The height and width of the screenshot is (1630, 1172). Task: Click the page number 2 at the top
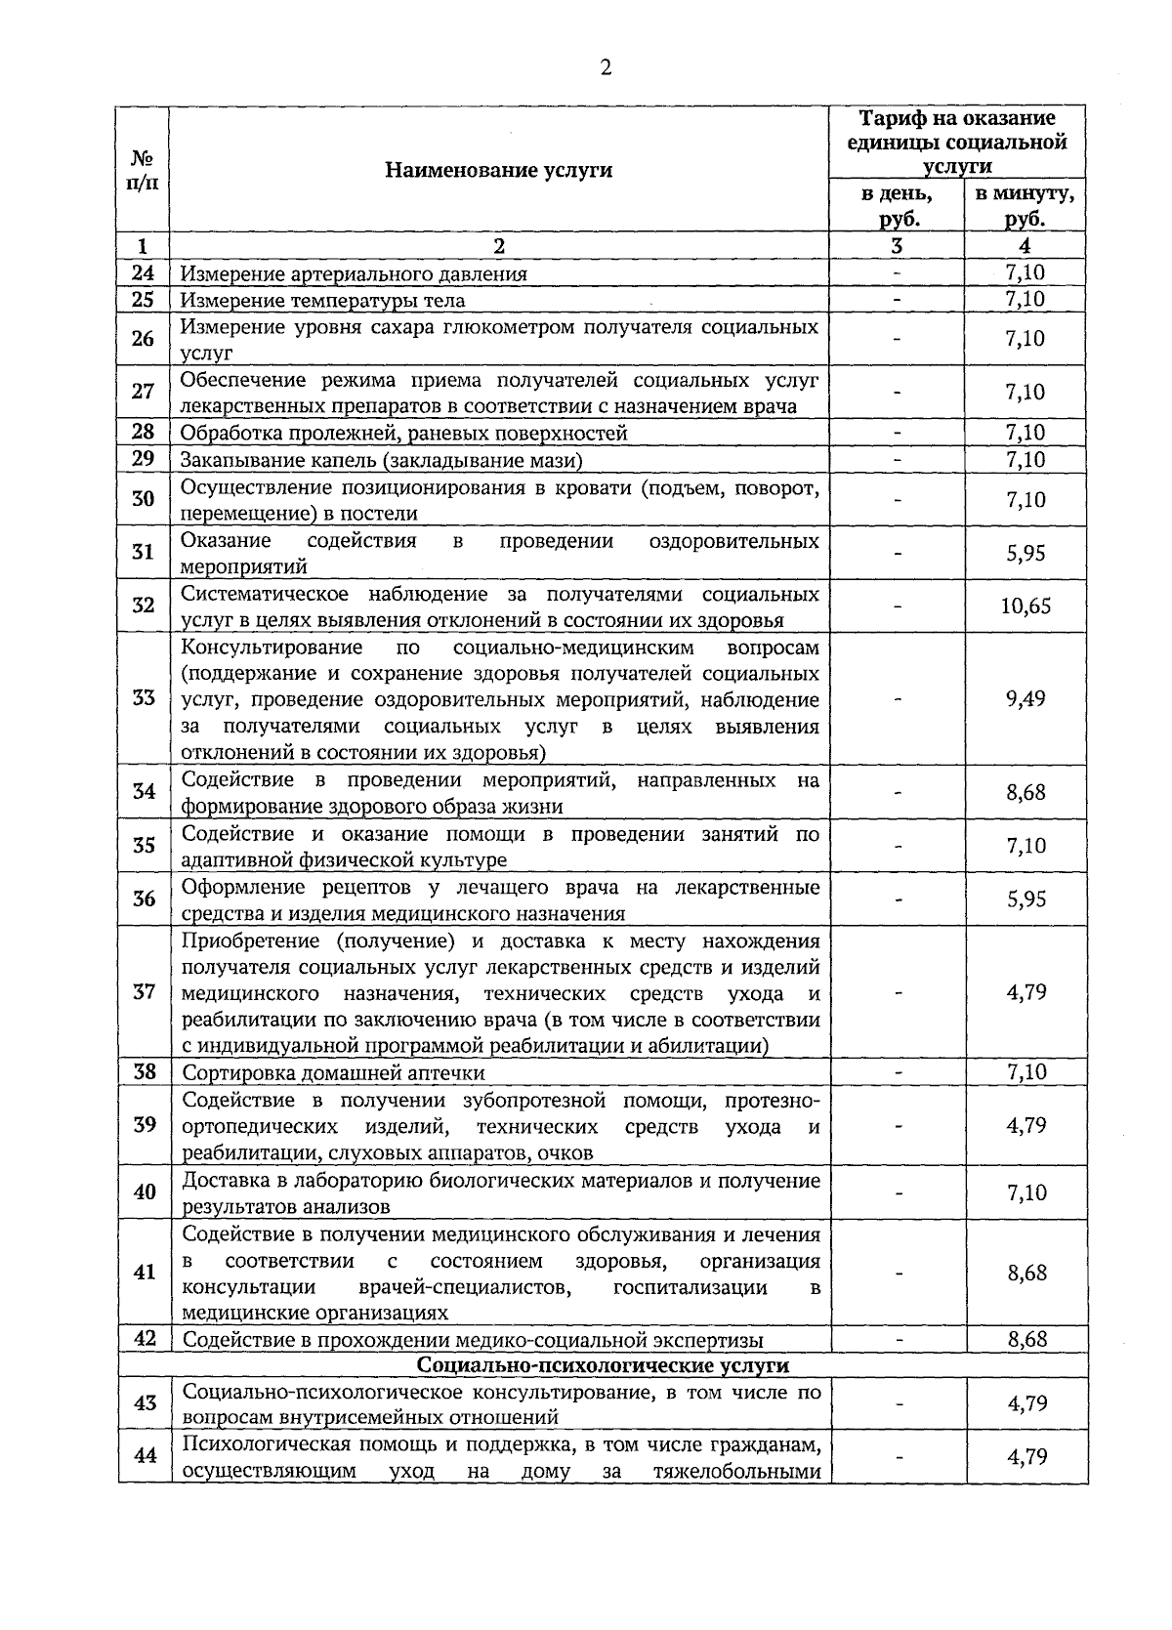[606, 67]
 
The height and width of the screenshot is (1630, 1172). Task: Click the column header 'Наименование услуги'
[498, 170]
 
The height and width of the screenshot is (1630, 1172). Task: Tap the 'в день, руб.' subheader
[897, 206]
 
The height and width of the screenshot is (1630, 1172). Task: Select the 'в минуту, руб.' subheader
[1025, 206]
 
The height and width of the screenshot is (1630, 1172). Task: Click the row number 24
[144, 273]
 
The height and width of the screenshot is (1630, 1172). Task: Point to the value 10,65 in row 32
[1025, 606]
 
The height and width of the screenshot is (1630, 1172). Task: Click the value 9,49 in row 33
[1025, 699]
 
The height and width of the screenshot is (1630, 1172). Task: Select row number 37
[144, 992]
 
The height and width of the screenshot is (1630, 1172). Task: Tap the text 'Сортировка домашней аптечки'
[334, 1072]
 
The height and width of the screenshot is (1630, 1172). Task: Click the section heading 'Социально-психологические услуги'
[603, 1364]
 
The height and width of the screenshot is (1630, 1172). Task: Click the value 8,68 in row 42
[1026, 1339]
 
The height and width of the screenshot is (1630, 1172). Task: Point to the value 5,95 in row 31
[1025, 553]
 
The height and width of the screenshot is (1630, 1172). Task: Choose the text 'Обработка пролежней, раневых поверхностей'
[404, 433]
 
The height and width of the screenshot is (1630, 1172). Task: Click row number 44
[145, 1456]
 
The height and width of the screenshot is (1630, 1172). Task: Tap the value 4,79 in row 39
[1025, 1125]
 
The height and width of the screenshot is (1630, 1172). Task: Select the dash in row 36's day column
[897, 899]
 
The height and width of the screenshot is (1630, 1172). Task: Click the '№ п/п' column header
[144, 170]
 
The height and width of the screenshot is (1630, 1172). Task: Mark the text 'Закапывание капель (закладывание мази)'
[382, 459]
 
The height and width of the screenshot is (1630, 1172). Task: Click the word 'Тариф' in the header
[891, 118]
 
